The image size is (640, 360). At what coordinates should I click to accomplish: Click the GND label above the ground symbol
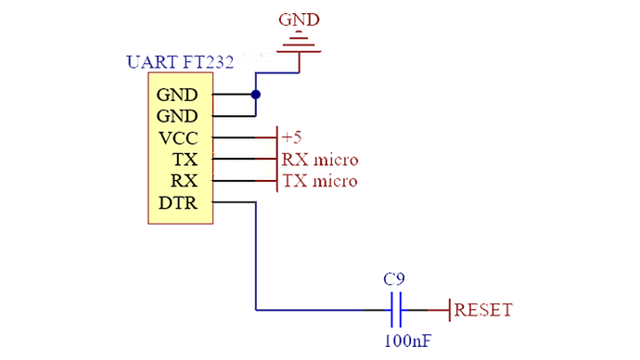tap(301, 18)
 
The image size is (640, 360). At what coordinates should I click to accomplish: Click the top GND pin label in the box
tap(177, 95)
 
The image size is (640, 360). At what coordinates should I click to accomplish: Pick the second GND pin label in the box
tap(177, 116)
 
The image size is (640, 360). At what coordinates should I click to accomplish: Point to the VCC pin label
tap(178, 138)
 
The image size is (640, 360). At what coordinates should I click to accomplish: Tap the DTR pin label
tap(179, 202)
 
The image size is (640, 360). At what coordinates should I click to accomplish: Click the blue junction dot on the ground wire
tap(255, 95)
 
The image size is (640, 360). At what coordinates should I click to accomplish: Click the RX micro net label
tap(319, 160)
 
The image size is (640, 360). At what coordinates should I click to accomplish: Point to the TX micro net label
tap(319, 181)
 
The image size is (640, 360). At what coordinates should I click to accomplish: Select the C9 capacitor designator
tap(394, 278)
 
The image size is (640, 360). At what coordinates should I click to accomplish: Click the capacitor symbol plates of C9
tap(395, 310)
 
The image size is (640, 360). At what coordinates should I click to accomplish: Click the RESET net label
tap(482, 310)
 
